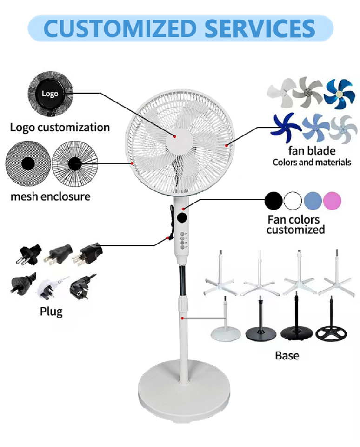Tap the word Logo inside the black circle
tap(50, 94)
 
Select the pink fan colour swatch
tap(332, 201)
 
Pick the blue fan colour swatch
tap(313, 201)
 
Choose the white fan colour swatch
tap(293, 201)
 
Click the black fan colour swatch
tap(273, 201)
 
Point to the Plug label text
tap(51, 311)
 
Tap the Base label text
tap(287, 356)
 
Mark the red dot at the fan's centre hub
tap(175, 136)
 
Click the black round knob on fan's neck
tap(182, 218)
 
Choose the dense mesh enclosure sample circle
tap(27, 163)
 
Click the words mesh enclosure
tap(50, 196)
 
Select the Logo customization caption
tap(60, 127)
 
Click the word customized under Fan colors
tap(296, 230)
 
